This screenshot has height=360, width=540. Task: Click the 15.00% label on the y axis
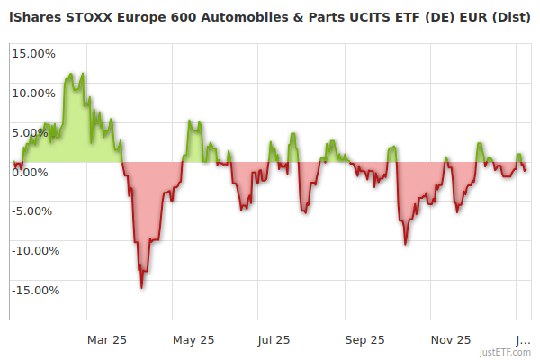(33, 53)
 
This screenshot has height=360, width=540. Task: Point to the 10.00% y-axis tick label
(33, 93)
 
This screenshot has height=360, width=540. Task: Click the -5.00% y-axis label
(34, 211)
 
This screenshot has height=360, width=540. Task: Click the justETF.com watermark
(506, 353)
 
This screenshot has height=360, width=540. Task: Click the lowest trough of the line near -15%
(141, 287)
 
